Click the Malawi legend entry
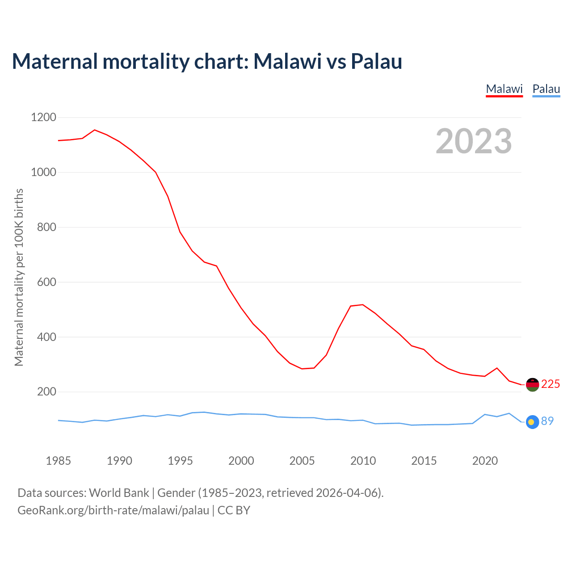(504, 89)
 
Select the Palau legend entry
(546, 89)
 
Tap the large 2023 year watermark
(474, 141)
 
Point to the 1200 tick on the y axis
(43, 118)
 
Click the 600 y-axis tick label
(46, 282)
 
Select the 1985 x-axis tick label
(58, 461)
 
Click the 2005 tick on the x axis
(302, 461)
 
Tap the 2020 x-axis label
(485, 461)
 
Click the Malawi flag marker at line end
(532, 384)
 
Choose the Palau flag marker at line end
(532, 421)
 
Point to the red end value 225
(551, 384)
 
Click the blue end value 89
(547, 421)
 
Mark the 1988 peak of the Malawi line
(94, 130)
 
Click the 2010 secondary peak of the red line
(362, 305)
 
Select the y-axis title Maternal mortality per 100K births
(19, 277)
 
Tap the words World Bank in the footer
(119, 493)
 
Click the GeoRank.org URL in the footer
(113, 510)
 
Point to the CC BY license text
(234, 510)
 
